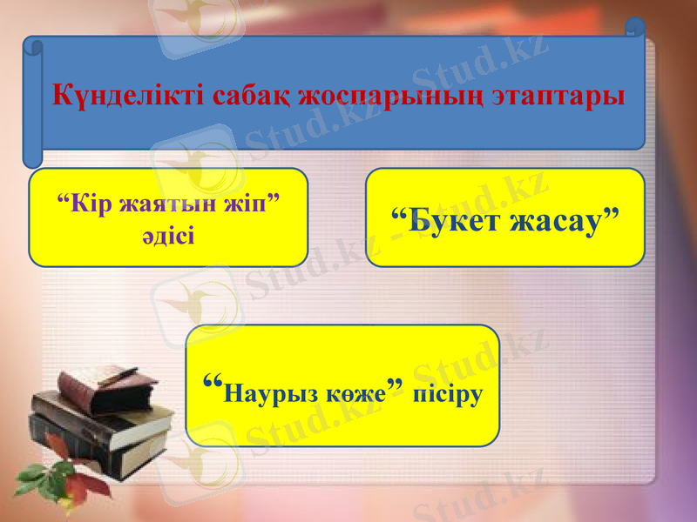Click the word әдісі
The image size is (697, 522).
168,236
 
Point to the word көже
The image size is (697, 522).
358,394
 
